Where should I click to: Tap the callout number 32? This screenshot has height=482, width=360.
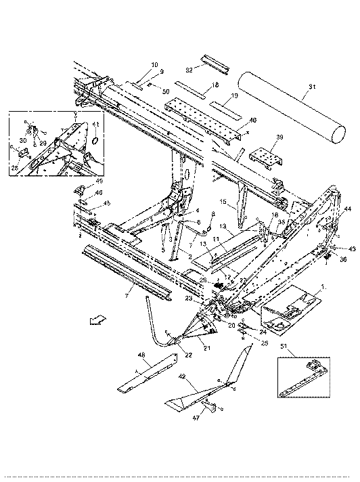coord(190,68)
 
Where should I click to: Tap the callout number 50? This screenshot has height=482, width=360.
coord(166,91)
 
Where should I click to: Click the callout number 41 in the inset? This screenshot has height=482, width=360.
coord(95,124)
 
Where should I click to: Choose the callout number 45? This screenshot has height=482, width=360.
coord(106,204)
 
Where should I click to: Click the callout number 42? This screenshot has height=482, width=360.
coord(183,376)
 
